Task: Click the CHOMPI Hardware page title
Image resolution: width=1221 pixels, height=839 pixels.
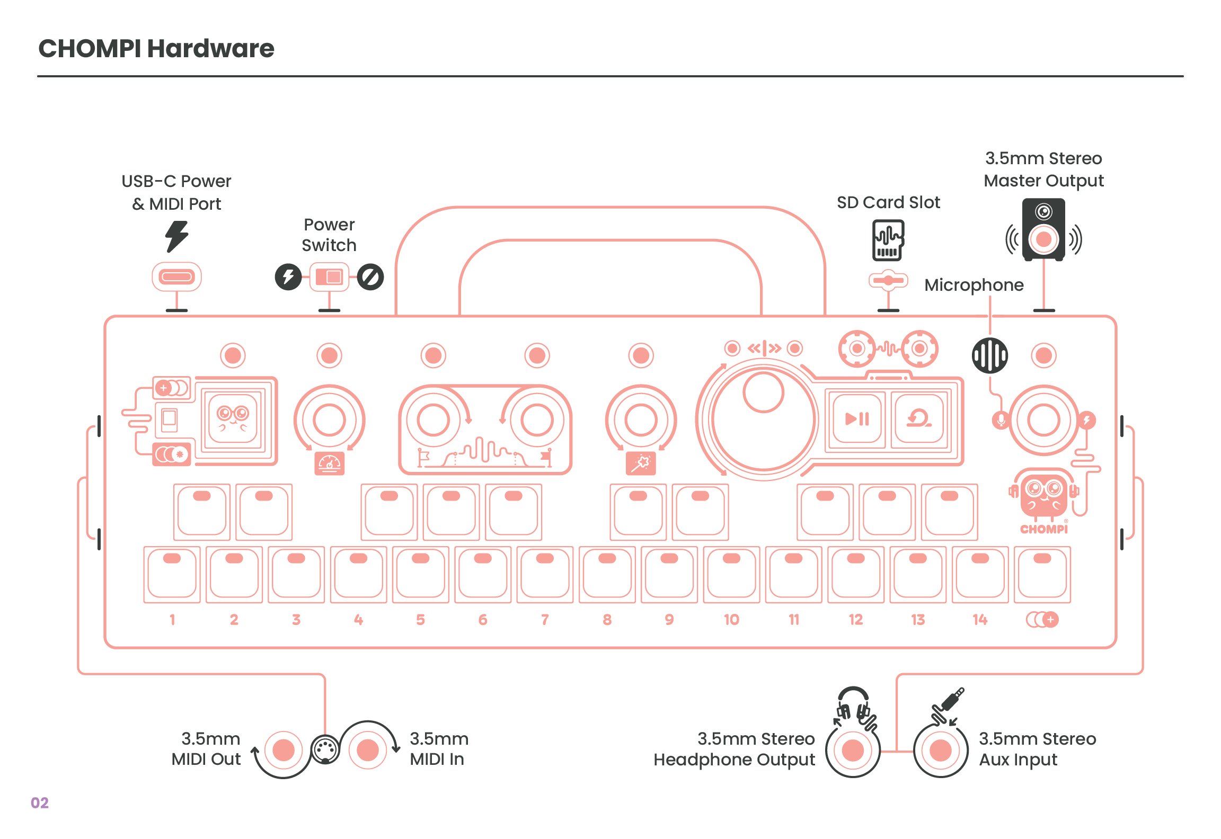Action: pyautogui.click(x=156, y=49)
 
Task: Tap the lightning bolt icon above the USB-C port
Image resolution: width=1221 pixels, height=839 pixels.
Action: pyautogui.click(x=176, y=236)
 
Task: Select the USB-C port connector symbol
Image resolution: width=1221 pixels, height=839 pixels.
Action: pyautogui.click(x=176, y=276)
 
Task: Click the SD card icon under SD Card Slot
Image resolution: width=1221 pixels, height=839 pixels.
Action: pyautogui.click(x=888, y=240)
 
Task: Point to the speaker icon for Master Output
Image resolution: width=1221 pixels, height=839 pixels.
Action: pyautogui.click(x=1043, y=230)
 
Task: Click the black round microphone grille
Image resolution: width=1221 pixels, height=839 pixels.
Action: pyautogui.click(x=989, y=355)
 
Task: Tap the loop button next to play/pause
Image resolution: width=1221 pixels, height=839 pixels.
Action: pyautogui.click(x=919, y=419)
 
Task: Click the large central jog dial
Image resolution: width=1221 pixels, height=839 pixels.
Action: pyautogui.click(x=763, y=419)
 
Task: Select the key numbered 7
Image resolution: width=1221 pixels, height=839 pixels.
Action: pyautogui.click(x=545, y=574)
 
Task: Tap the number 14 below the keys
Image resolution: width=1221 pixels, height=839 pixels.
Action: pyautogui.click(x=980, y=620)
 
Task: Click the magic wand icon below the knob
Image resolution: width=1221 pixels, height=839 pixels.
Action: pyautogui.click(x=641, y=463)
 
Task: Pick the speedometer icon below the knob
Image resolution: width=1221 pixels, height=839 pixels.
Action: pyautogui.click(x=329, y=463)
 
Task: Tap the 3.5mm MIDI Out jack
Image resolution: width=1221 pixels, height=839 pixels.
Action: pyautogui.click(x=284, y=750)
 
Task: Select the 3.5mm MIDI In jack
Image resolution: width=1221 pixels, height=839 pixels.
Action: pyautogui.click(x=368, y=750)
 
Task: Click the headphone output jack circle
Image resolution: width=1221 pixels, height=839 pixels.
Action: pyautogui.click(x=853, y=750)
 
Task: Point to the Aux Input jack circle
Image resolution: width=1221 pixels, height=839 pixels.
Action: pyautogui.click(x=941, y=750)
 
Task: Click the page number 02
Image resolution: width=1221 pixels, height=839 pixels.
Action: pyautogui.click(x=40, y=803)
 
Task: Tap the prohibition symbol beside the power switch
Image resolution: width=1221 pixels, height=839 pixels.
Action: pyautogui.click(x=370, y=276)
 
